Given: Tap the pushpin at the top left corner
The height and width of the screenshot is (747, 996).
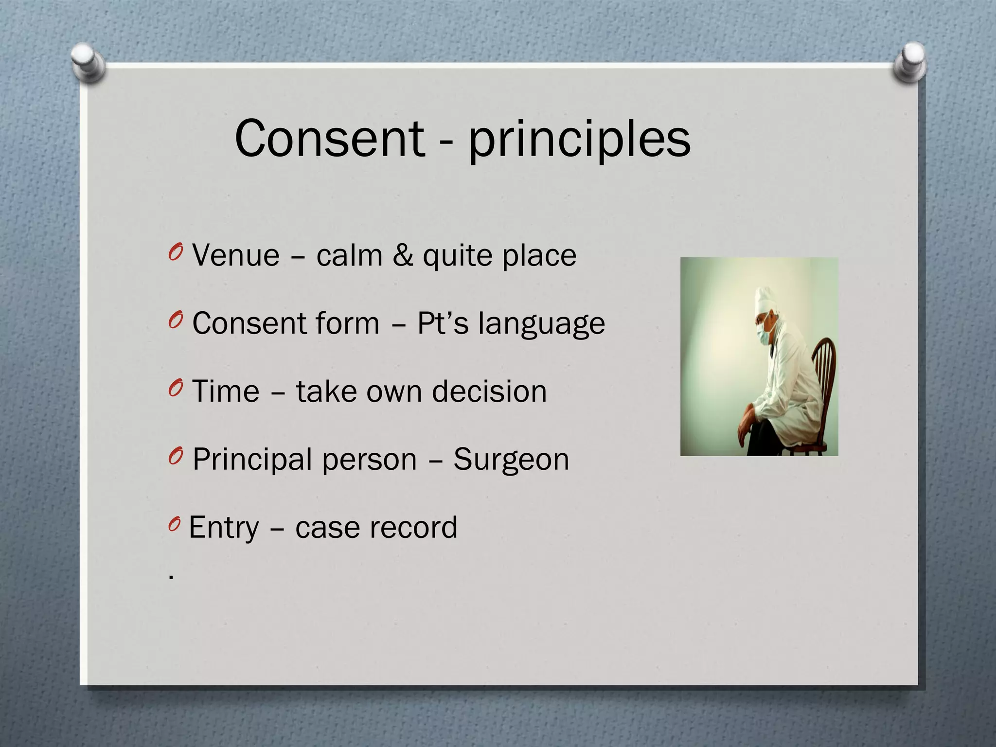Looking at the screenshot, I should tap(88, 62).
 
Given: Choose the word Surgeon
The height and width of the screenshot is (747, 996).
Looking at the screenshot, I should tap(511, 460).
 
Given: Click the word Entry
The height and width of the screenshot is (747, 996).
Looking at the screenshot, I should tap(224, 528).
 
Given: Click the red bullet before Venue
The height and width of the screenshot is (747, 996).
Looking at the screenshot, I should tap(175, 253).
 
